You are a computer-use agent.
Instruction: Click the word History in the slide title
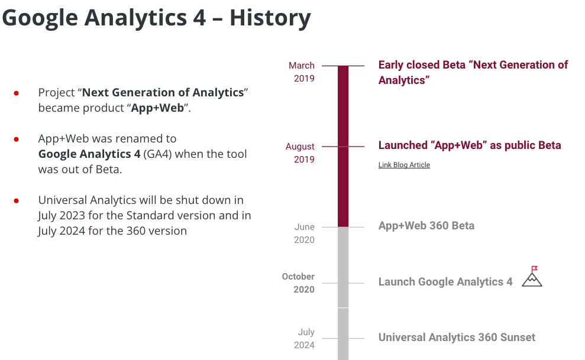point(270,18)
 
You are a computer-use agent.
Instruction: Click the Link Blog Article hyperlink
point(404,165)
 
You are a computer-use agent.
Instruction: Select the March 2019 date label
point(302,72)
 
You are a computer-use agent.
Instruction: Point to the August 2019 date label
point(300,153)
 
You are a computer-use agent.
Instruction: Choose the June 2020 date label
point(304,233)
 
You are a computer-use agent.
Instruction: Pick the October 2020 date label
point(298,283)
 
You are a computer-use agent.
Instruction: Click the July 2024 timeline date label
point(305,339)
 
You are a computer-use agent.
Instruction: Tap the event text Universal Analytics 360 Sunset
point(457,338)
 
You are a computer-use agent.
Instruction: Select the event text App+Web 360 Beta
point(426,226)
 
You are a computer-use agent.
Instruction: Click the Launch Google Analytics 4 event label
point(445,282)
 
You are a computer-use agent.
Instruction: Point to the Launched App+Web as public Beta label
point(470,145)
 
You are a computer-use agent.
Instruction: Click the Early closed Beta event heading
point(473,72)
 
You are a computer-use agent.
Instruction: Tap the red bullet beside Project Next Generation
point(17,93)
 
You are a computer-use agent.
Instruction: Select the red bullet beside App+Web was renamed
point(17,139)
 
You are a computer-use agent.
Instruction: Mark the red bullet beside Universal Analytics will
point(17,200)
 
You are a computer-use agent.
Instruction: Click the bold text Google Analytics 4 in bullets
point(89,154)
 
